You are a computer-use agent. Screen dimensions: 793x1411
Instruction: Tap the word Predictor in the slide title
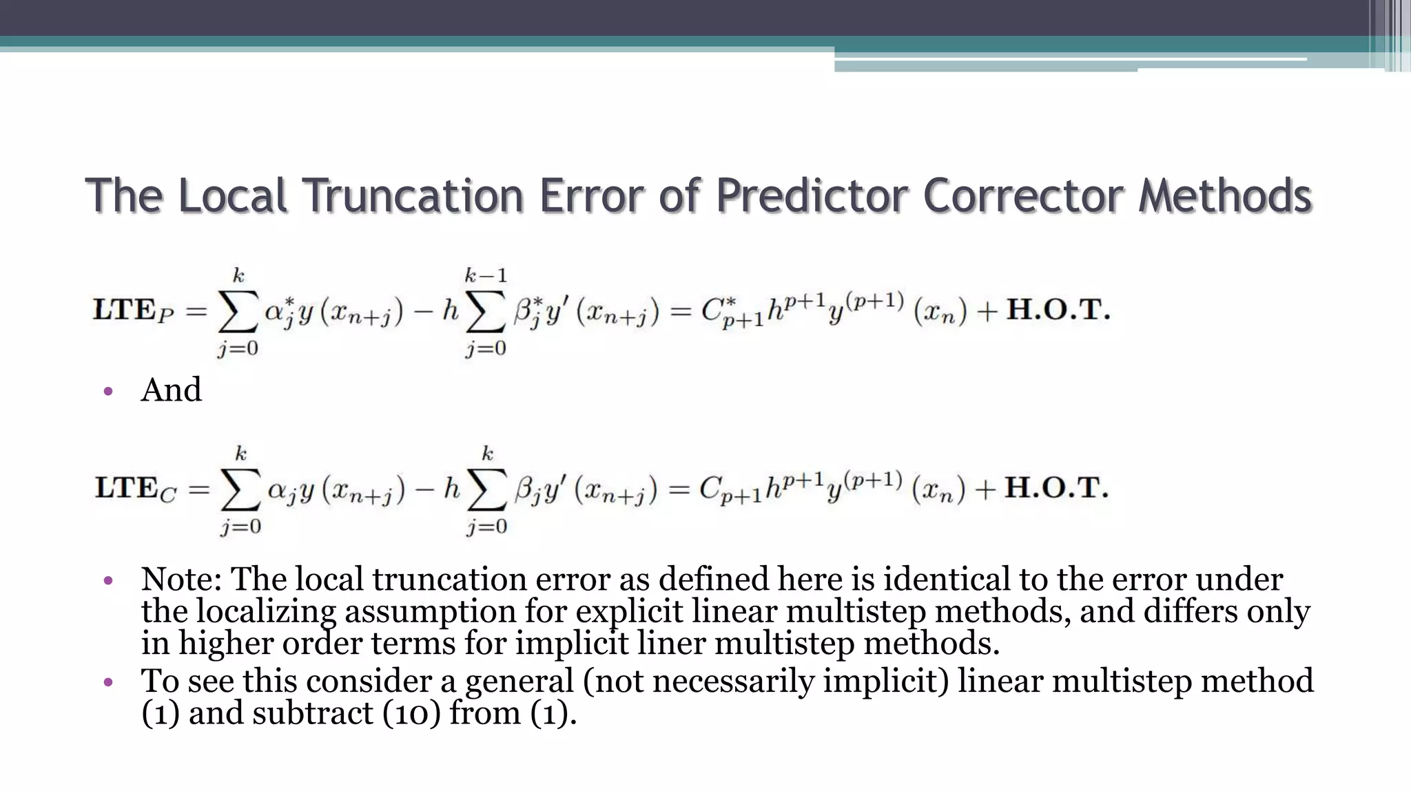point(812,196)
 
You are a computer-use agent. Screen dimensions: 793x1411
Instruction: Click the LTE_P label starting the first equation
point(134,311)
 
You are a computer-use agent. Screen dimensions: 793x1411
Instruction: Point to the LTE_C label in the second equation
point(136,489)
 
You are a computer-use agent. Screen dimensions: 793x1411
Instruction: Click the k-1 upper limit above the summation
point(486,276)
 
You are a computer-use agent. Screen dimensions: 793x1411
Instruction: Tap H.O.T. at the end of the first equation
point(1058,310)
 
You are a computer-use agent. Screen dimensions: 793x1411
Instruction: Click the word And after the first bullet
point(171,390)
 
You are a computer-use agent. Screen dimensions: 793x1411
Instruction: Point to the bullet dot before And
point(107,392)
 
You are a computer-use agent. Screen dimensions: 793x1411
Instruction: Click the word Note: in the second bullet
point(181,579)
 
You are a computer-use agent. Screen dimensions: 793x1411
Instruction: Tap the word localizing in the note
point(266,611)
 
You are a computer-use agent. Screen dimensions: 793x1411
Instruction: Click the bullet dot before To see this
point(107,683)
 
